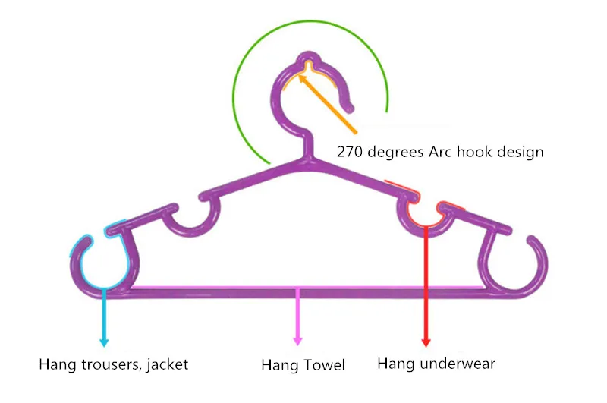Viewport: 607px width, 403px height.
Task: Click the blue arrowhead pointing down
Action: [x=103, y=341]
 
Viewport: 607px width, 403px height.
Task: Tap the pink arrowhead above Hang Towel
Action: [x=297, y=342]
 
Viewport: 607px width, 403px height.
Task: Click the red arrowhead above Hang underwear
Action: [x=426, y=342]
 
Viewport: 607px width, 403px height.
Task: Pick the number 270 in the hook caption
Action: [x=351, y=152]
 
